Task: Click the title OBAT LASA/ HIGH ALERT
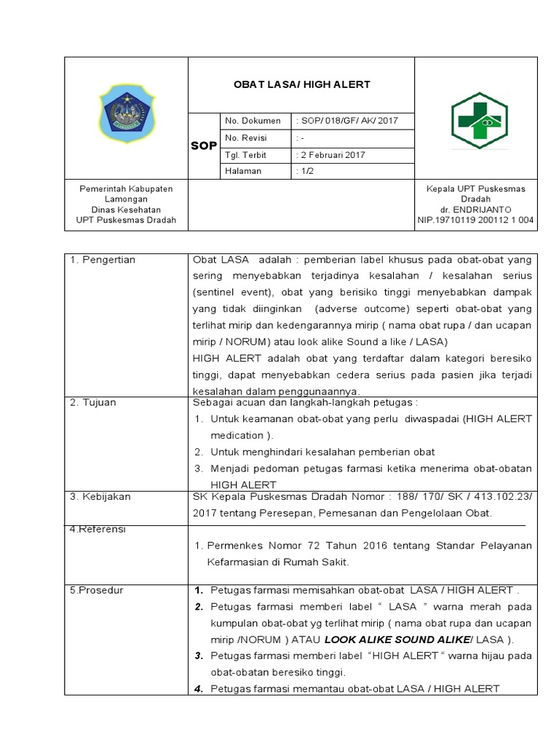click(x=301, y=84)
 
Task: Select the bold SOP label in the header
click(x=204, y=146)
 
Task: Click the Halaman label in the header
click(x=244, y=171)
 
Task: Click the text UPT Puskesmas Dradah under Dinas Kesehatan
click(x=125, y=219)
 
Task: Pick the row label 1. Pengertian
click(x=103, y=260)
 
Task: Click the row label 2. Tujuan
click(x=93, y=402)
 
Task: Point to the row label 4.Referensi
click(x=98, y=529)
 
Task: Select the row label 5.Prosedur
click(x=98, y=590)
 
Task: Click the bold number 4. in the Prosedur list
click(x=198, y=689)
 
